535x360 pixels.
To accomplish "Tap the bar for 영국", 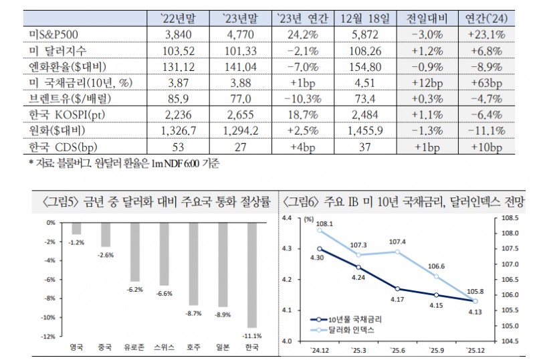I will [76, 229].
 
